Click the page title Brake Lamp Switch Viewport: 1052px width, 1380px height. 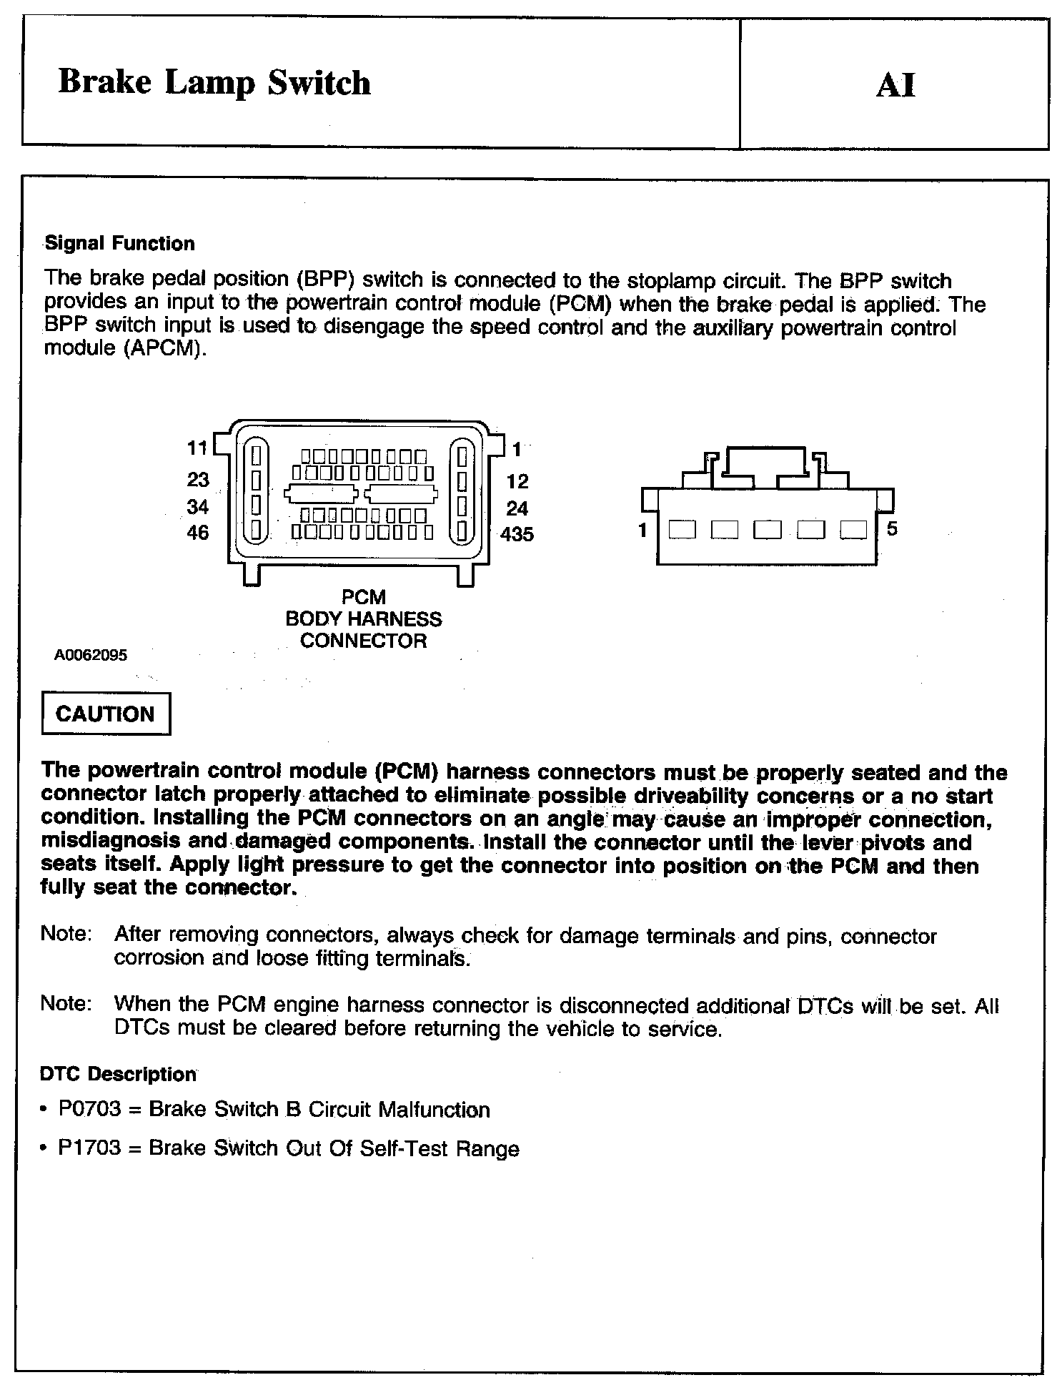(x=214, y=83)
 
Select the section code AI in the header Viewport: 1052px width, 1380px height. (x=895, y=85)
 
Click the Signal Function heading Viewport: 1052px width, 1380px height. (x=119, y=244)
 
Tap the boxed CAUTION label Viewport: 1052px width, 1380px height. (x=106, y=714)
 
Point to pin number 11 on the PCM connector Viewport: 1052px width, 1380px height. (x=197, y=448)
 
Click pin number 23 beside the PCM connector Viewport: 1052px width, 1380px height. (x=198, y=479)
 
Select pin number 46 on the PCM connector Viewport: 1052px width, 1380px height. (x=198, y=533)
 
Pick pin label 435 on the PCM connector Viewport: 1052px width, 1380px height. (x=517, y=534)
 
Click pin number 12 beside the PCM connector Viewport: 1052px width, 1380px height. (x=517, y=481)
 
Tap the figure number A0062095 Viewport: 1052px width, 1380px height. (x=91, y=655)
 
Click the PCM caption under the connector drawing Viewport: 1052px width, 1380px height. (x=363, y=597)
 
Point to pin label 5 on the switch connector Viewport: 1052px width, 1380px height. (x=892, y=529)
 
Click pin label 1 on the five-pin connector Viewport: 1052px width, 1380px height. (x=643, y=530)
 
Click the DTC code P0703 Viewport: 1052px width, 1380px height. (x=90, y=1109)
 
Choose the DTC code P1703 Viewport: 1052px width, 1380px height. (x=90, y=1148)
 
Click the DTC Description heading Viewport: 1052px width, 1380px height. (x=118, y=1074)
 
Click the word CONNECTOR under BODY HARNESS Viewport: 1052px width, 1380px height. (x=363, y=641)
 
